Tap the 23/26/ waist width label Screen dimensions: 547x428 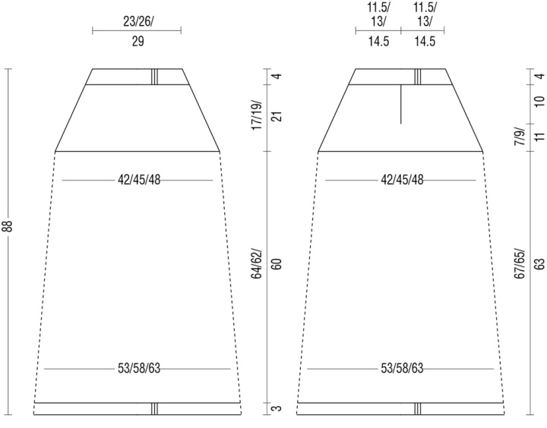pos(138,22)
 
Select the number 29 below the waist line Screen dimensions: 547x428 pos(138,42)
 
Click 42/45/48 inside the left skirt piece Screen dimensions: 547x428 pos(139,180)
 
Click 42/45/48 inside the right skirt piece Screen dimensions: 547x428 pos(402,180)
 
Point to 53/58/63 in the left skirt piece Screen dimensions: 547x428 pos(139,368)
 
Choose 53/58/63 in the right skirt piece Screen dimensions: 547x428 pos(402,368)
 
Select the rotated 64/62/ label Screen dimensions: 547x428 pos(257,263)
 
